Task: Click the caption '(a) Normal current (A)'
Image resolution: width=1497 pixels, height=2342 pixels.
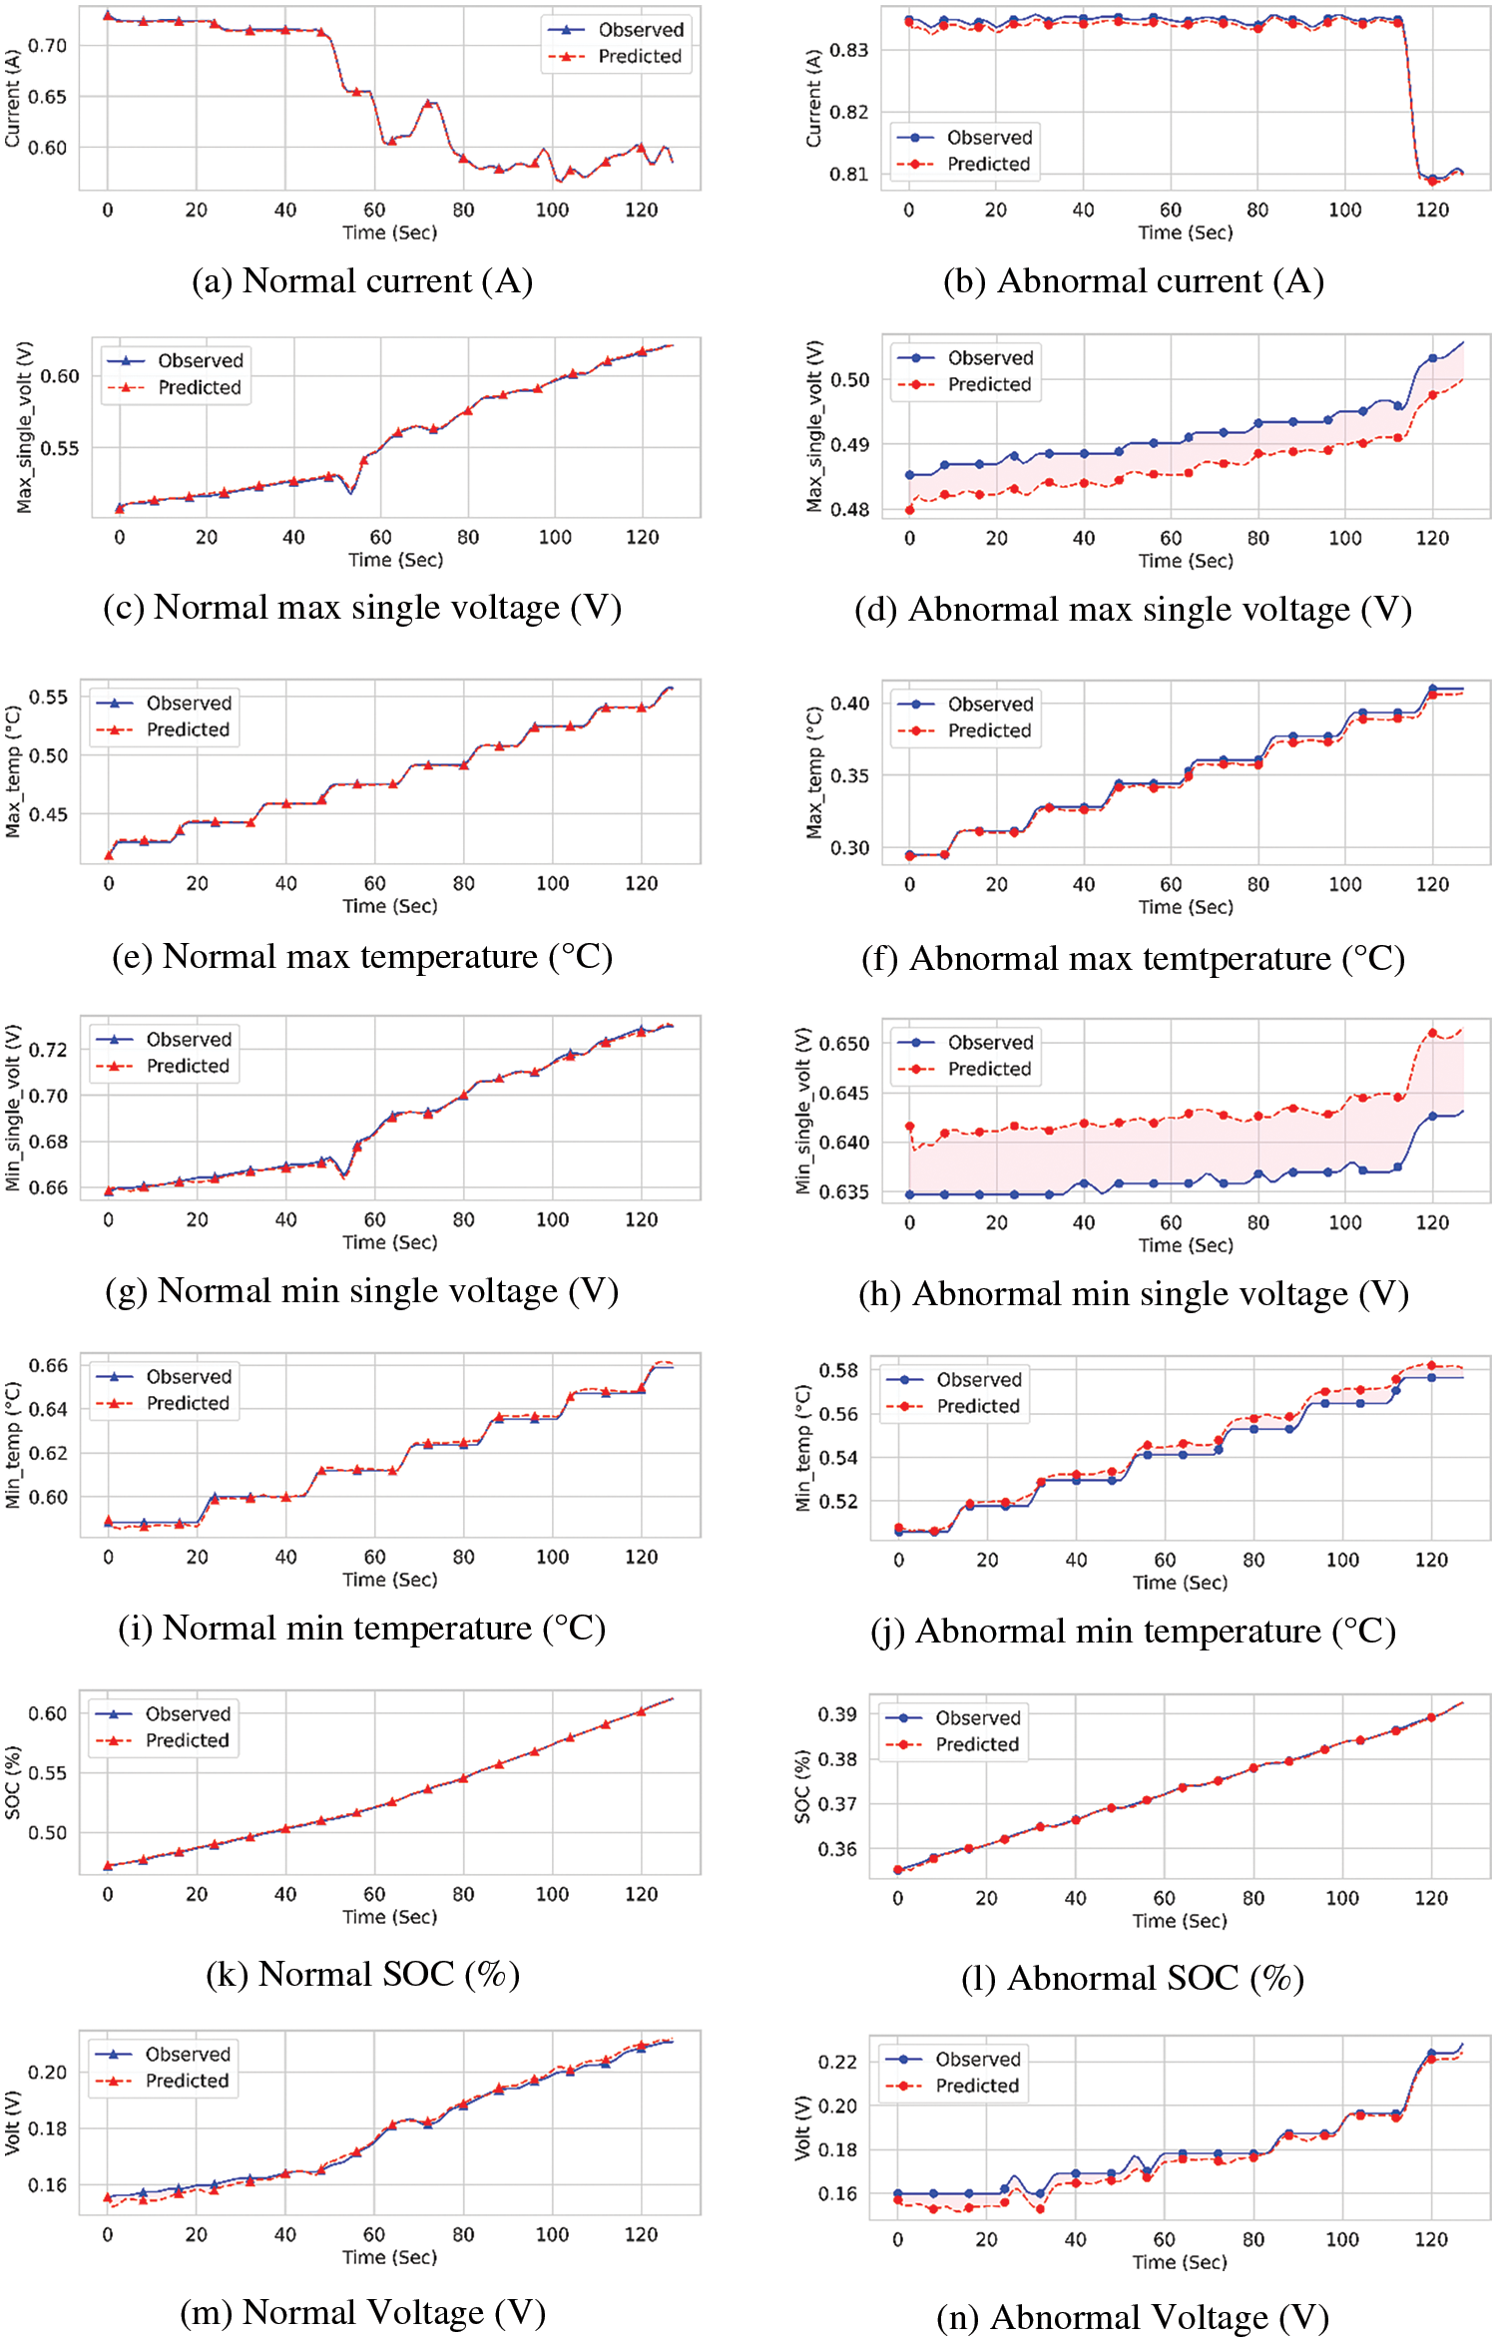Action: click(x=362, y=281)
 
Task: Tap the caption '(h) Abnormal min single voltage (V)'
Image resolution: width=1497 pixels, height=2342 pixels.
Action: click(x=1134, y=1294)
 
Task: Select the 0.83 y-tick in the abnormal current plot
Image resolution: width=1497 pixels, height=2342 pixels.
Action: click(x=848, y=50)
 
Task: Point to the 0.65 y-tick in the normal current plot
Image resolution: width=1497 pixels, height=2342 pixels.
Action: click(x=47, y=97)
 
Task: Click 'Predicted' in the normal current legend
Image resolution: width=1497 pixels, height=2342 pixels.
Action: click(x=640, y=57)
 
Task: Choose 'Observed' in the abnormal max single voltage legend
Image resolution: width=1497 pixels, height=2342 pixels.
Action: click(x=990, y=357)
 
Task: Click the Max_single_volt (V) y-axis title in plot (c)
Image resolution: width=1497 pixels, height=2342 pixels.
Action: click(x=25, y=427)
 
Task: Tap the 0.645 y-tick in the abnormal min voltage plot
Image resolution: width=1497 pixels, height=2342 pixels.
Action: click(x=843, y=1094)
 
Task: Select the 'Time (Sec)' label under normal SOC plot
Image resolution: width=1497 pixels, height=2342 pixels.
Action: click(x=389, y=1917)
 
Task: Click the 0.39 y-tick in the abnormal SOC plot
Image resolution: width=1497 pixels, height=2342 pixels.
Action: click(x=837, y=1714)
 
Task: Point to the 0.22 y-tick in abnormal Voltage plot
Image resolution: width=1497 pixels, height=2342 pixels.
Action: click(x=837, y=2062)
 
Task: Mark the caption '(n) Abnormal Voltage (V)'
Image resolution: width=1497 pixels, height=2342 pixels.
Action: click(x=1133, y=2317)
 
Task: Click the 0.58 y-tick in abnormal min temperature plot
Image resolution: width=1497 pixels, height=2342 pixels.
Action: click(x=838, y=1370)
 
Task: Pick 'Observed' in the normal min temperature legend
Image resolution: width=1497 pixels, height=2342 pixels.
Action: click(x=189, y=1377)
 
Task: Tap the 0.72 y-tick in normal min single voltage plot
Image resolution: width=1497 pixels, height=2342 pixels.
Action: click(x=48, y=1050)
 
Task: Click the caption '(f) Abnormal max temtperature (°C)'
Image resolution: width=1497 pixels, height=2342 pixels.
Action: click(x=1133, y=959)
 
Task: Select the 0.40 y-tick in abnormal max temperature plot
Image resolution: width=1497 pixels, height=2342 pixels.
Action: click(x=849, y=703)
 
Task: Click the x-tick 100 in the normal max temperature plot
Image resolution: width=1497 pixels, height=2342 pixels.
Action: click(x=552, y=883)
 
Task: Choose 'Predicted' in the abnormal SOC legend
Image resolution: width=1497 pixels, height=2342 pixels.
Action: click(x=977, y=1744)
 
